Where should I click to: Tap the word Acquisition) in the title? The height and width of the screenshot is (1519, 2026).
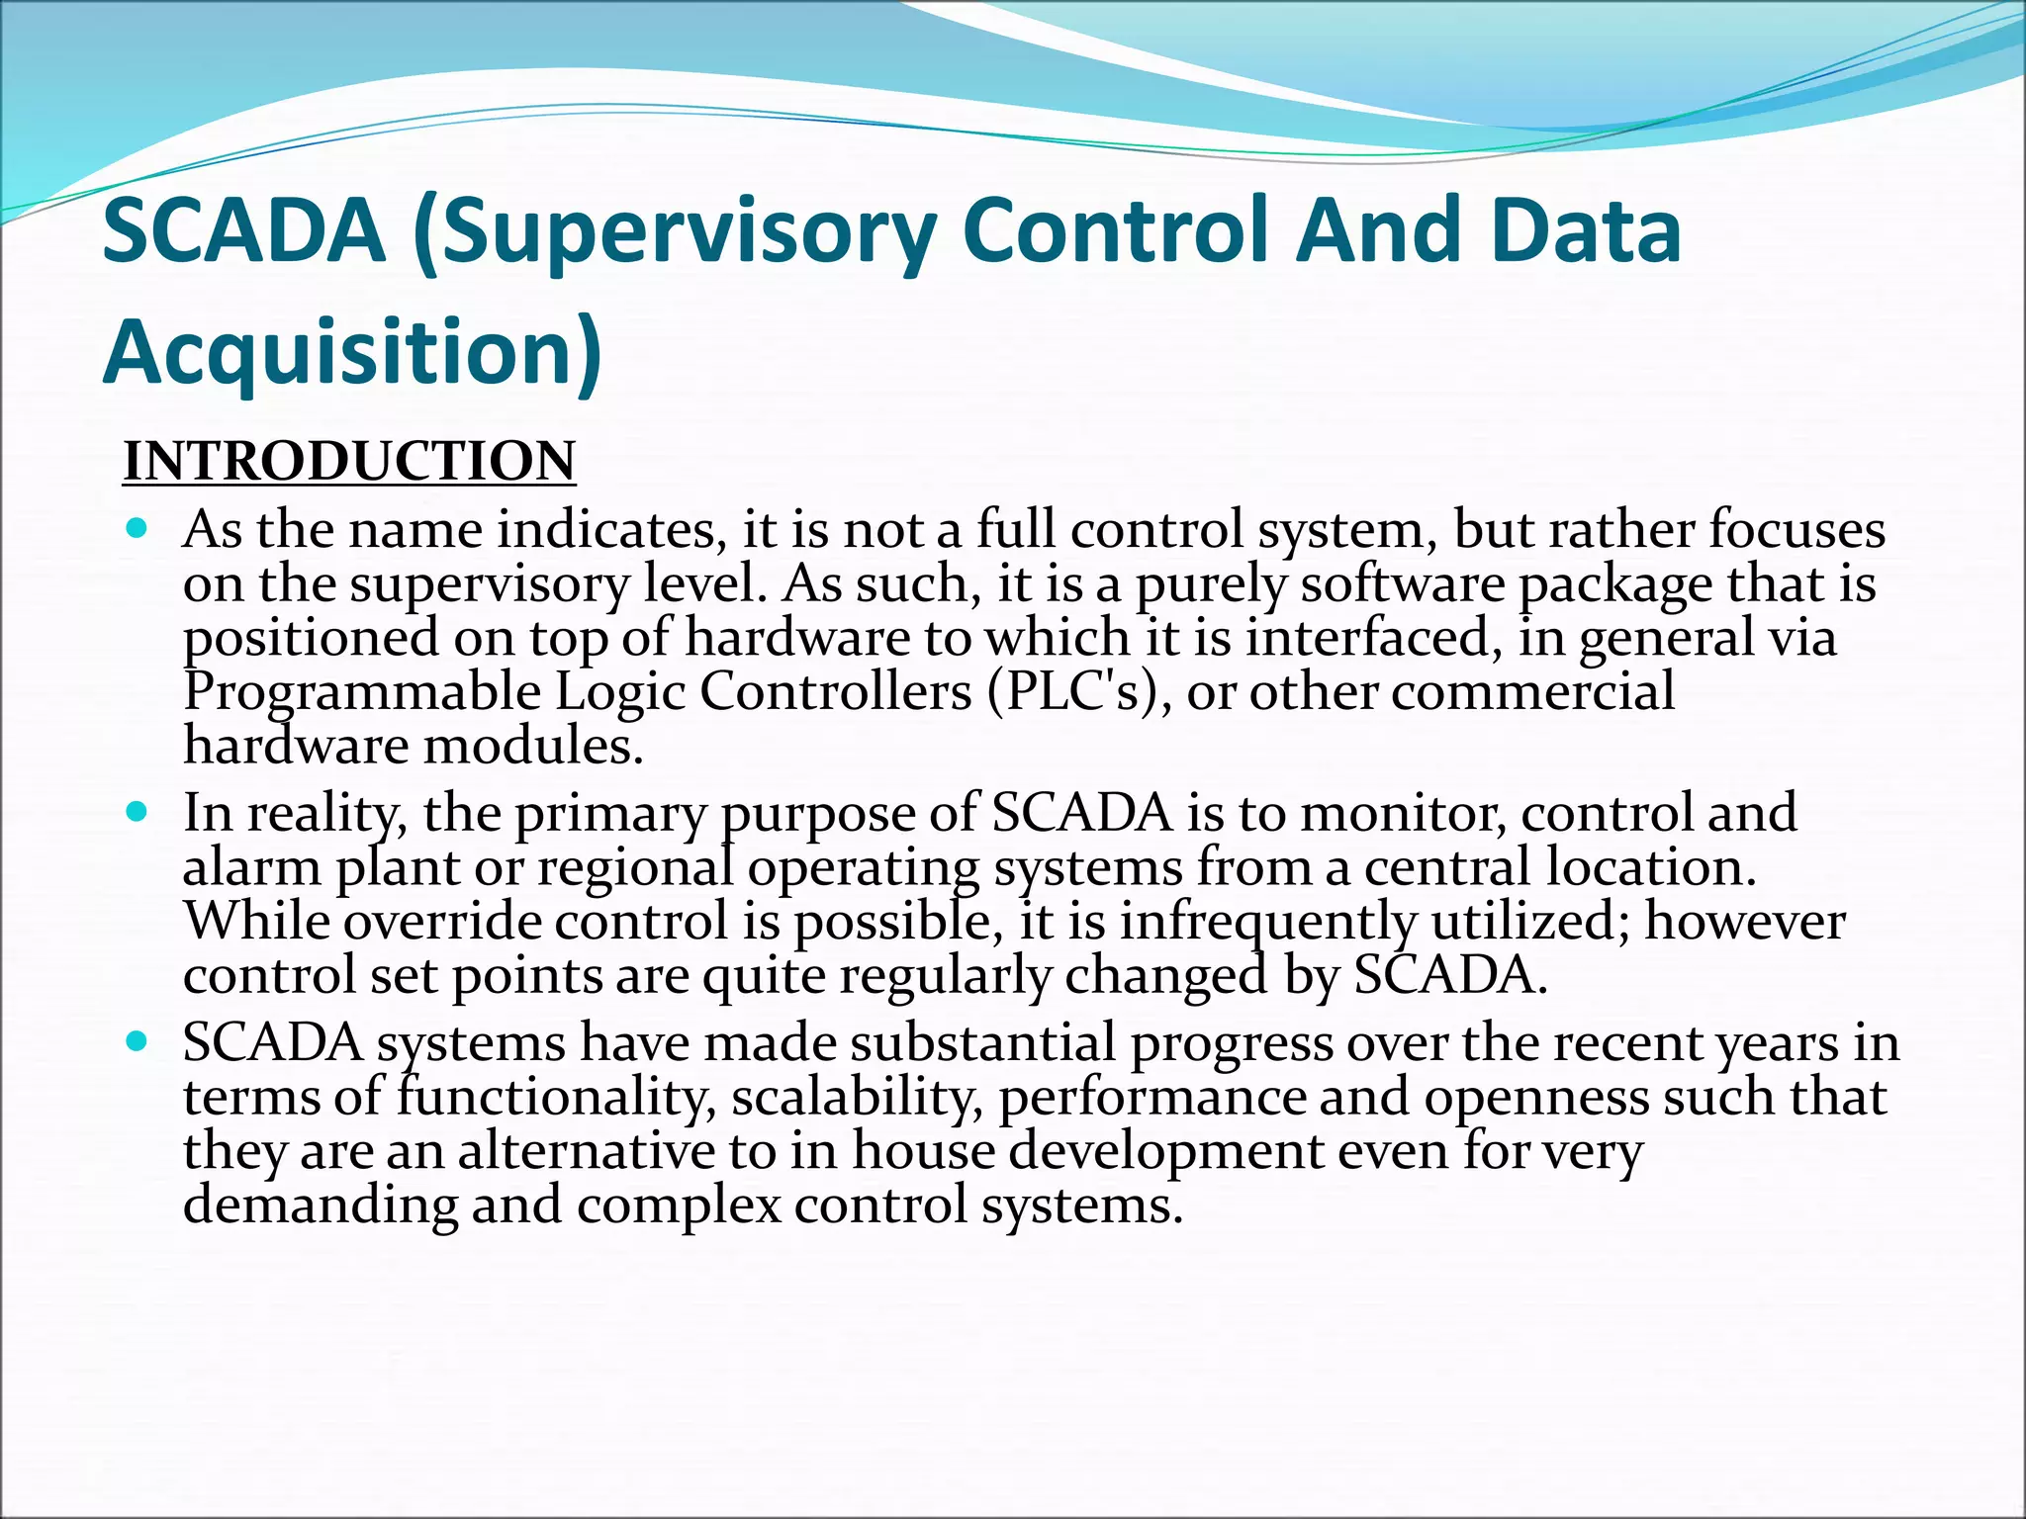click(x=352, y=353)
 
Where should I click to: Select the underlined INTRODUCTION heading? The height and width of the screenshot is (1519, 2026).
click(x=348, y=462)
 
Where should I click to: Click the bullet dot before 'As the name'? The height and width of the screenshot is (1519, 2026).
click(x=138, y=528)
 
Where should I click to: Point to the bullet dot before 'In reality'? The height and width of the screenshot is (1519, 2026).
click(x=138, y=812)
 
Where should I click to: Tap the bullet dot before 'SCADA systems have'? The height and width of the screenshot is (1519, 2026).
click(x=138, y=1042)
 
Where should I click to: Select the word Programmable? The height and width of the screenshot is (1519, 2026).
click(x=362, y=693)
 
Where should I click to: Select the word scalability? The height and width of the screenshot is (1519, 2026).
click(x=857, y=1098)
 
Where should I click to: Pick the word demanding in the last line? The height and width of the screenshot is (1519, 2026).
click(x=321, y=1206)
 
